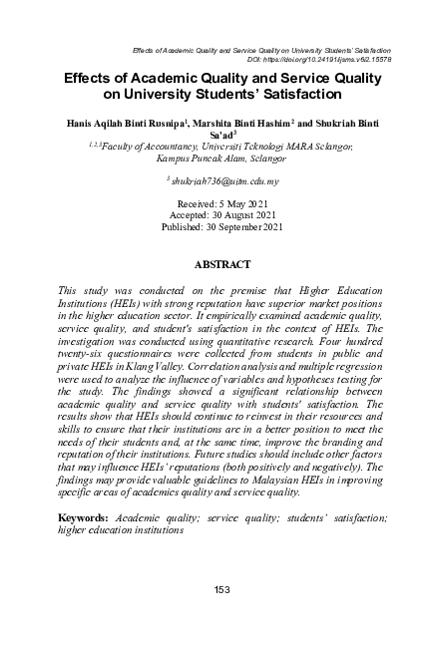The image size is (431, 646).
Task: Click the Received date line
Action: coord(215,203)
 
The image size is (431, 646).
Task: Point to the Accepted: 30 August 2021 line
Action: coord(215,214)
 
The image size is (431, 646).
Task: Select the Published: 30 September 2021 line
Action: coord(215,226)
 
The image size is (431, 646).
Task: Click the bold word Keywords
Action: coord(84,519)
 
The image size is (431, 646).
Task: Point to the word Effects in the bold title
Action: coord(90,78)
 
